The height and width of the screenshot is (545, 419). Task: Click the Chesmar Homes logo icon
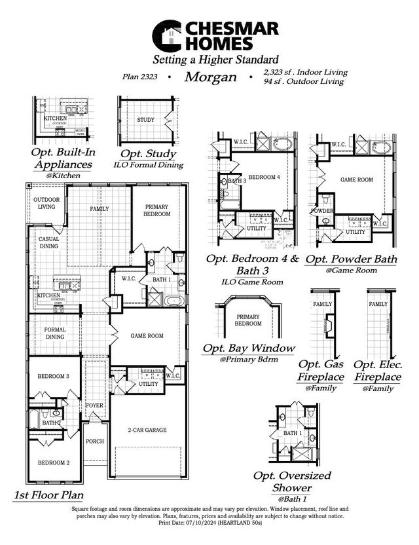click(167, 35)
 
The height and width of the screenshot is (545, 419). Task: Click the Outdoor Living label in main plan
click(46, 203)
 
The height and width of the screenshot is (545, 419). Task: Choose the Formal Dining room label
click(55, 333)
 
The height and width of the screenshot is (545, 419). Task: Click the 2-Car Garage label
click(147, 430)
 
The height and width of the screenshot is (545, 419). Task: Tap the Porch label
click(95, 441)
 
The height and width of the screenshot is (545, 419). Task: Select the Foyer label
click(95, 405)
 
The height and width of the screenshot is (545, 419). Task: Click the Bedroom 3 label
click(53, 376)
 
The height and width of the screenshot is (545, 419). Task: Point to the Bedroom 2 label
click(53, 462)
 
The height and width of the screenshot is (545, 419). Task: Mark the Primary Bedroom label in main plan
click(157, 210)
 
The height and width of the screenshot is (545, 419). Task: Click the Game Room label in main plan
click(147, 335)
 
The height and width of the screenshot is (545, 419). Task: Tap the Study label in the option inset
click(145, 121)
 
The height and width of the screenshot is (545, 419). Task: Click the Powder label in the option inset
click(323, 211)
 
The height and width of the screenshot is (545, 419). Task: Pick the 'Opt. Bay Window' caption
click(248, 348)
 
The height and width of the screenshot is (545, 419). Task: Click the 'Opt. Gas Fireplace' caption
click(321, 371)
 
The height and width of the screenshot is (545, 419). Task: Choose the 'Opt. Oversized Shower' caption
click(292, 481)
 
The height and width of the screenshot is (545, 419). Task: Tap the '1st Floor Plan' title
click(48, 495)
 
